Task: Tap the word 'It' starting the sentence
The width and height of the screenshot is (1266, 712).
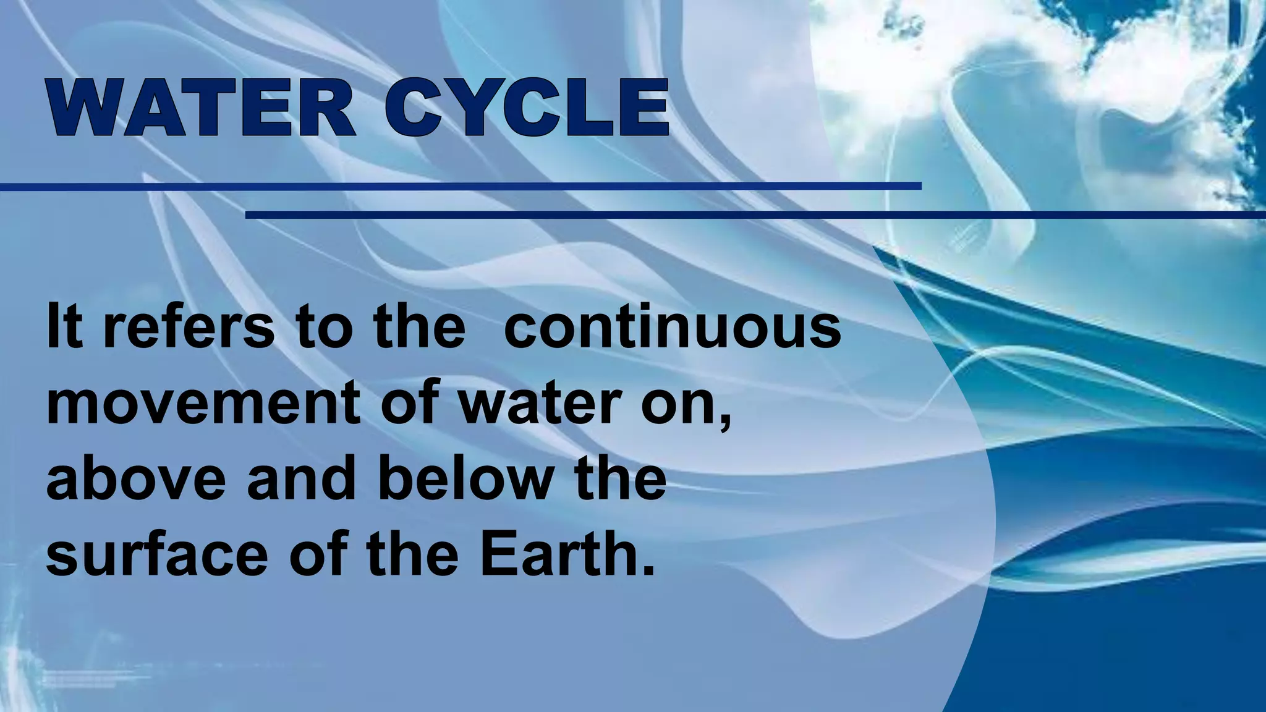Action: (x=64, y=326)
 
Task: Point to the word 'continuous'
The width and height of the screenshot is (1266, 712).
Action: (x=673, y=326)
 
